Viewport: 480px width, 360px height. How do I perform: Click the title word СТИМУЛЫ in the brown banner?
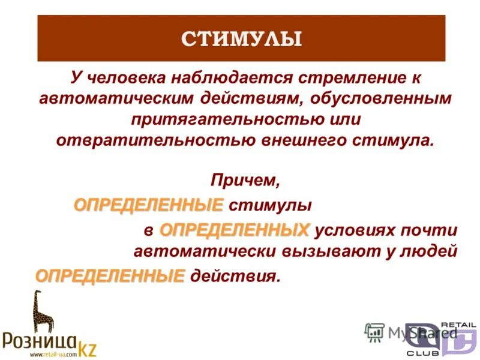(241, 40)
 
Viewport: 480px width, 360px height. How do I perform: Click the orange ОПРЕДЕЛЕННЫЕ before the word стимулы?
(148, 205)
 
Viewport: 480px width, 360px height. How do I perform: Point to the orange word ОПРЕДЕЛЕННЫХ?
(235, 230)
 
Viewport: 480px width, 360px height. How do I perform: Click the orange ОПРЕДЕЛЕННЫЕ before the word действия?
(110, 276)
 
